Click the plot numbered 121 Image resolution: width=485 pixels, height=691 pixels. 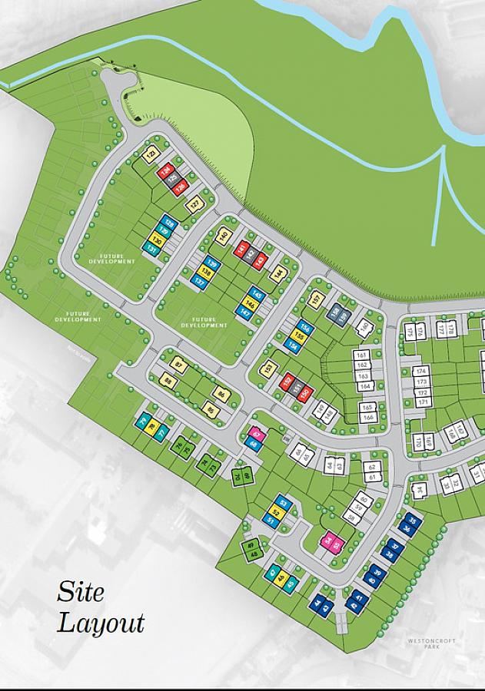point(151,154)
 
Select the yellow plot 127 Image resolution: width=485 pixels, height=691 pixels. point(195,204)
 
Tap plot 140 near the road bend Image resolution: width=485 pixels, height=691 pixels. point(224,236)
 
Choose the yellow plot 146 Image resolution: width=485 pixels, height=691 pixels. point(250,303)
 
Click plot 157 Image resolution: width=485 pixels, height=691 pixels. point(315,299)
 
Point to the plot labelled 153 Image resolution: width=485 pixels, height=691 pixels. point(268,369)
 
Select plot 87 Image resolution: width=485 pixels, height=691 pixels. point(181,364)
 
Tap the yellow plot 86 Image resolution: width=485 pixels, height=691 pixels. point(221,395)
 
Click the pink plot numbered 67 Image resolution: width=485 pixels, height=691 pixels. point(257,435)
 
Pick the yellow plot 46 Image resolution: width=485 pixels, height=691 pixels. point(281,577)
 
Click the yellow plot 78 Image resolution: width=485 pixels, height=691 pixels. point(152,427)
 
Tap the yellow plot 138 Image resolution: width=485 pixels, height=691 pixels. point(205,272)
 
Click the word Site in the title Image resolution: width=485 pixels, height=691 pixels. point(80,592)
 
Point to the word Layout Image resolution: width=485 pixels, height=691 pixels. point(101,622)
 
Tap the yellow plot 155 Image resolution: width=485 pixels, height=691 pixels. point(298,337)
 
